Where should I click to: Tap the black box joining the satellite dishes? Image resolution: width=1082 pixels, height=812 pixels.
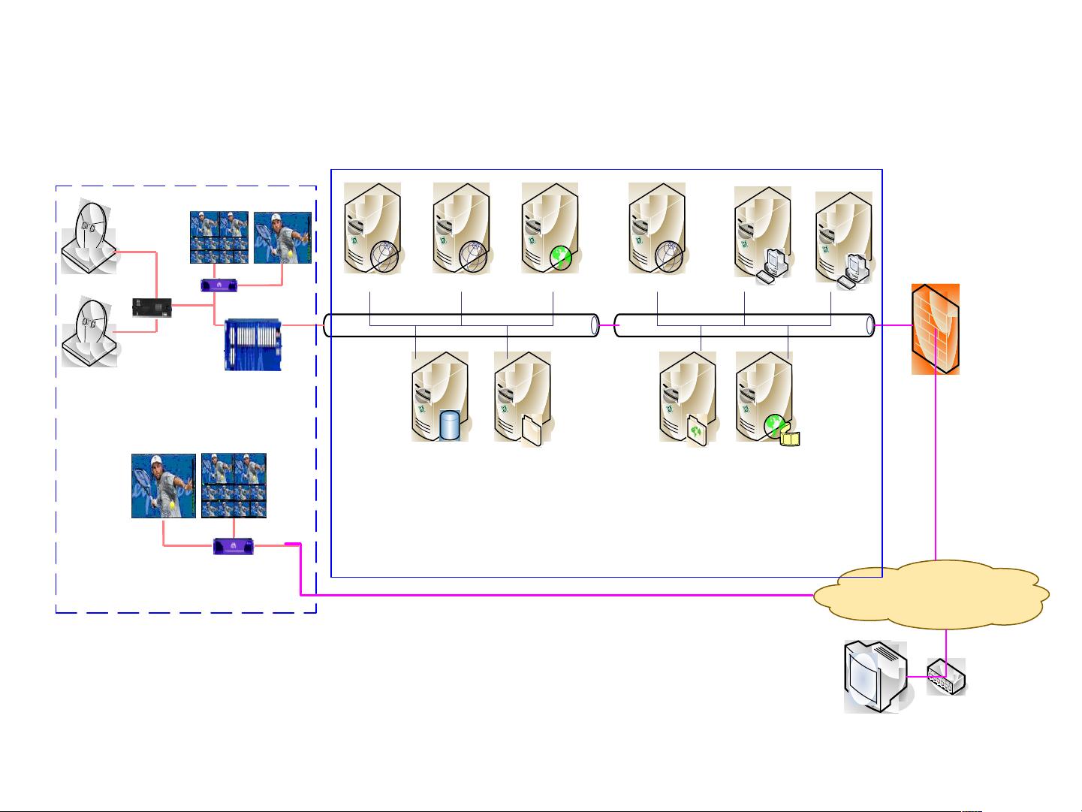point(152,307)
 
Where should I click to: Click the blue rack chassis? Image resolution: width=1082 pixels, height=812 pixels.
point(252,345)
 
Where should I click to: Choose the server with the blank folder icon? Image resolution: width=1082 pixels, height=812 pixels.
point(523,398)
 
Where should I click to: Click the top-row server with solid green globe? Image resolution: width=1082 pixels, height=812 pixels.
point(550,228)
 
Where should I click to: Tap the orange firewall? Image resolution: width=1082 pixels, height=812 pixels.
point(936,329)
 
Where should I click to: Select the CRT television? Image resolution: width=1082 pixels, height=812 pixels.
point(874,676)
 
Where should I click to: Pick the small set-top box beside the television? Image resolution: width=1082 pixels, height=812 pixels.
point(946,677)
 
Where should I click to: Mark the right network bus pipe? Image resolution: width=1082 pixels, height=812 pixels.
point(744,326)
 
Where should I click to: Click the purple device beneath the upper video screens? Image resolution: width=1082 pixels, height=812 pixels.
point(219,285)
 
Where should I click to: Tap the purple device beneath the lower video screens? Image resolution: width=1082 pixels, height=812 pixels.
point(234,546)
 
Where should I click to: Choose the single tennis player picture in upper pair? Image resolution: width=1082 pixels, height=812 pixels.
point(282,237)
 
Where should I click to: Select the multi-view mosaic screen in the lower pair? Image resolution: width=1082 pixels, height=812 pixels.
point(234,485)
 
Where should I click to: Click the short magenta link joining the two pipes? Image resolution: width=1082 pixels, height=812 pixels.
point(607,326)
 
